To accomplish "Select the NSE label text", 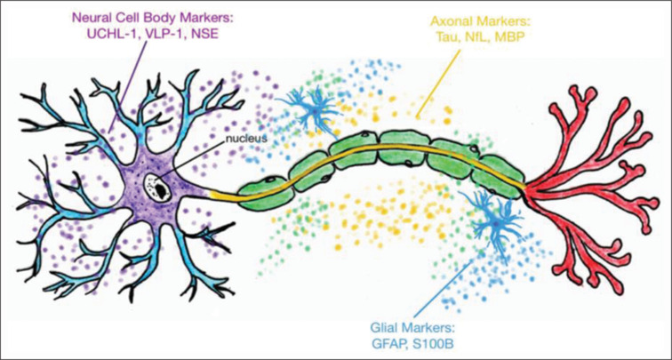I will pos(211,36).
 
